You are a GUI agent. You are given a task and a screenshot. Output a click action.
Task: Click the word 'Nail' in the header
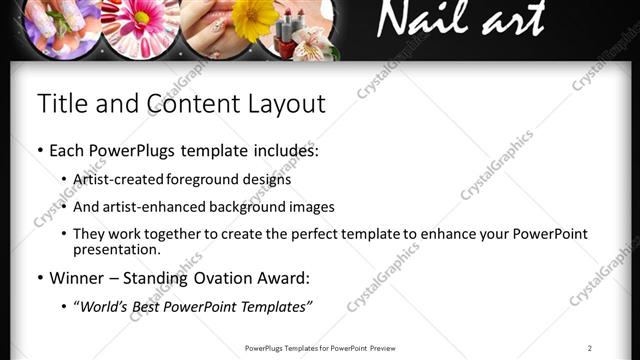point(421,21)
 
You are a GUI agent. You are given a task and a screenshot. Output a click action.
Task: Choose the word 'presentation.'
point(116,250)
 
